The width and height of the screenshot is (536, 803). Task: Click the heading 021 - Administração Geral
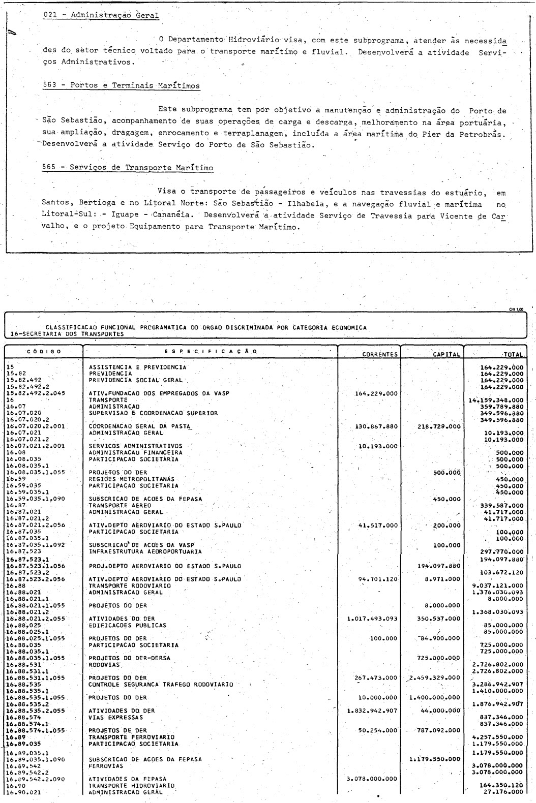pos(101,15)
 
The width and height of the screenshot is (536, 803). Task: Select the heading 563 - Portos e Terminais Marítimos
pos(121,85)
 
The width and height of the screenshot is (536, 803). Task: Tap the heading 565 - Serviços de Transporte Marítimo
pos(128,168)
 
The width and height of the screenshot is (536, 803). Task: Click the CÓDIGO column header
pos(44,351)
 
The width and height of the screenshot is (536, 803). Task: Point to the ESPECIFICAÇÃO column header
pos(211,351)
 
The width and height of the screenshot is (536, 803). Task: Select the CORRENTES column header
pos(379,354)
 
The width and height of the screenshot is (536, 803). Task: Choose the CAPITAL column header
pos(446,354)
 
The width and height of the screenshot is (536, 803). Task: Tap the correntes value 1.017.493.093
pos(372,619)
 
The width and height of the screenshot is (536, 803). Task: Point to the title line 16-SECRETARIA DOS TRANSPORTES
pos(66,334)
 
